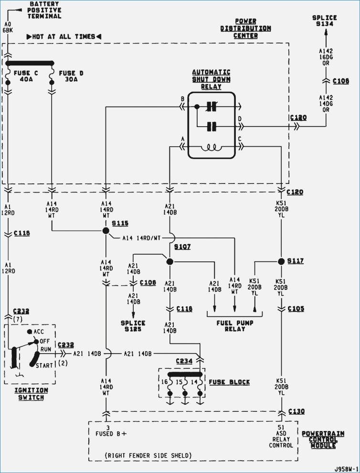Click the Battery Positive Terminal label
45,10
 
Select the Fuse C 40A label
26,76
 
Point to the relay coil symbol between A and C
211,148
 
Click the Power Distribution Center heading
245,29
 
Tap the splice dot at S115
106,231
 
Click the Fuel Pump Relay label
235,326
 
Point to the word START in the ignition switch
45,365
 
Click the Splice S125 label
133,326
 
